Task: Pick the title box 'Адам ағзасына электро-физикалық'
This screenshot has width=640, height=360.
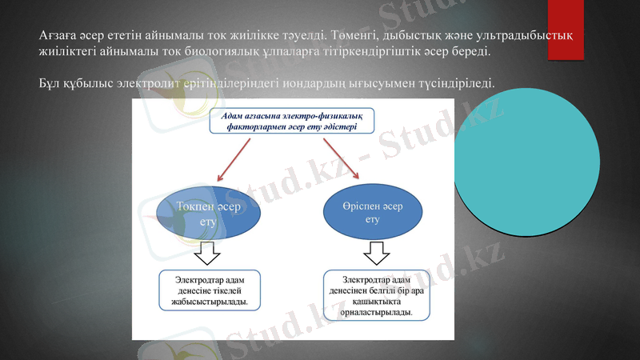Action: click(x=290, y=122)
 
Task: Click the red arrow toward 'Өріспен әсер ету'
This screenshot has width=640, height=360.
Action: click(x=340, y=158)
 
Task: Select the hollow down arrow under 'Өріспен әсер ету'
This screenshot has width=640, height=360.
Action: click(x=376, y=255)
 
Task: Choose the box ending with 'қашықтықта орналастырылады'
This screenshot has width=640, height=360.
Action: click(x=376, y=295)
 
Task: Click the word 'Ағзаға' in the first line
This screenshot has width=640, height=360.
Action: click(x=59, y=35)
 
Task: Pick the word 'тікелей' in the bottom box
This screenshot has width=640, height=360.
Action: click(x=232, y=291)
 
